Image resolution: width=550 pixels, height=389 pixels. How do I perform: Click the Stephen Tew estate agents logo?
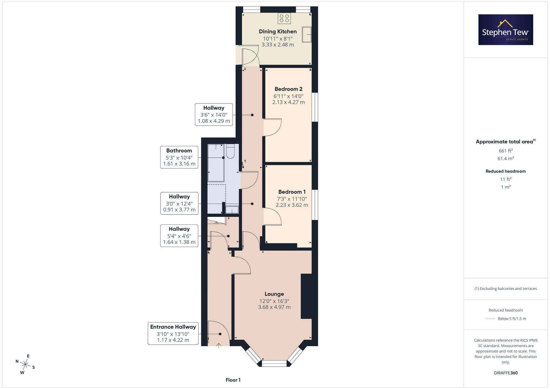(x=506, y=30)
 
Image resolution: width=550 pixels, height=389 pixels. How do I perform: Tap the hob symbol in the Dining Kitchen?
(x=284, y=18)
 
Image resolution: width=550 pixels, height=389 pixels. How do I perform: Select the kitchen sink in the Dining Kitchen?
(x=307, y=34)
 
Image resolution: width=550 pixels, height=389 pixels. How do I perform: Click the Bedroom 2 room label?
(x=288, y=89)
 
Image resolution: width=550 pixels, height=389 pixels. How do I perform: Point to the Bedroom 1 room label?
(x=292, y=192)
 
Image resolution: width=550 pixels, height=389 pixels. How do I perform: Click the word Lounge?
(x=274, y=294)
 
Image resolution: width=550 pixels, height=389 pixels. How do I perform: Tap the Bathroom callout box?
(x=179, y=157)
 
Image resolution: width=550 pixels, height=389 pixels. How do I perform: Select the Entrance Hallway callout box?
(x=173, y=333)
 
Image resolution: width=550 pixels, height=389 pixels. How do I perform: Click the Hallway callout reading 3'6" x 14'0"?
(x=214, y=115)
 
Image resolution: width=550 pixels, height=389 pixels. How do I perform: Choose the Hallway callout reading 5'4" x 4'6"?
(x=179, y=236)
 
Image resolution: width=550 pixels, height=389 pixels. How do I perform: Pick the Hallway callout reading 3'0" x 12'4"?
(x=179, y=203)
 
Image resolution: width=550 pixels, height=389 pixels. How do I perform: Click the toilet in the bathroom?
(x=230, y=152)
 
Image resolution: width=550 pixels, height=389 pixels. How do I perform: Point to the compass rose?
(x=25, y=365)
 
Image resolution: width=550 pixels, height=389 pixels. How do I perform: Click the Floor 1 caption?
(x=233, y=380)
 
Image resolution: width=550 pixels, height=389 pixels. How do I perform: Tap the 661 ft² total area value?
(x=506, y=151)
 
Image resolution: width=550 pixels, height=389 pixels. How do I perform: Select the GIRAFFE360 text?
(x=506, y=373)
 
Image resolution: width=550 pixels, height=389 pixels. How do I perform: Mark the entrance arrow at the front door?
(x=219, y=346)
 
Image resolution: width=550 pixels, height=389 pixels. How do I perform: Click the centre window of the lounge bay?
(x=274, y=363)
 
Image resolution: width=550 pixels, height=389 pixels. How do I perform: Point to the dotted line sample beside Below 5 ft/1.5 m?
(x=490, y=319)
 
